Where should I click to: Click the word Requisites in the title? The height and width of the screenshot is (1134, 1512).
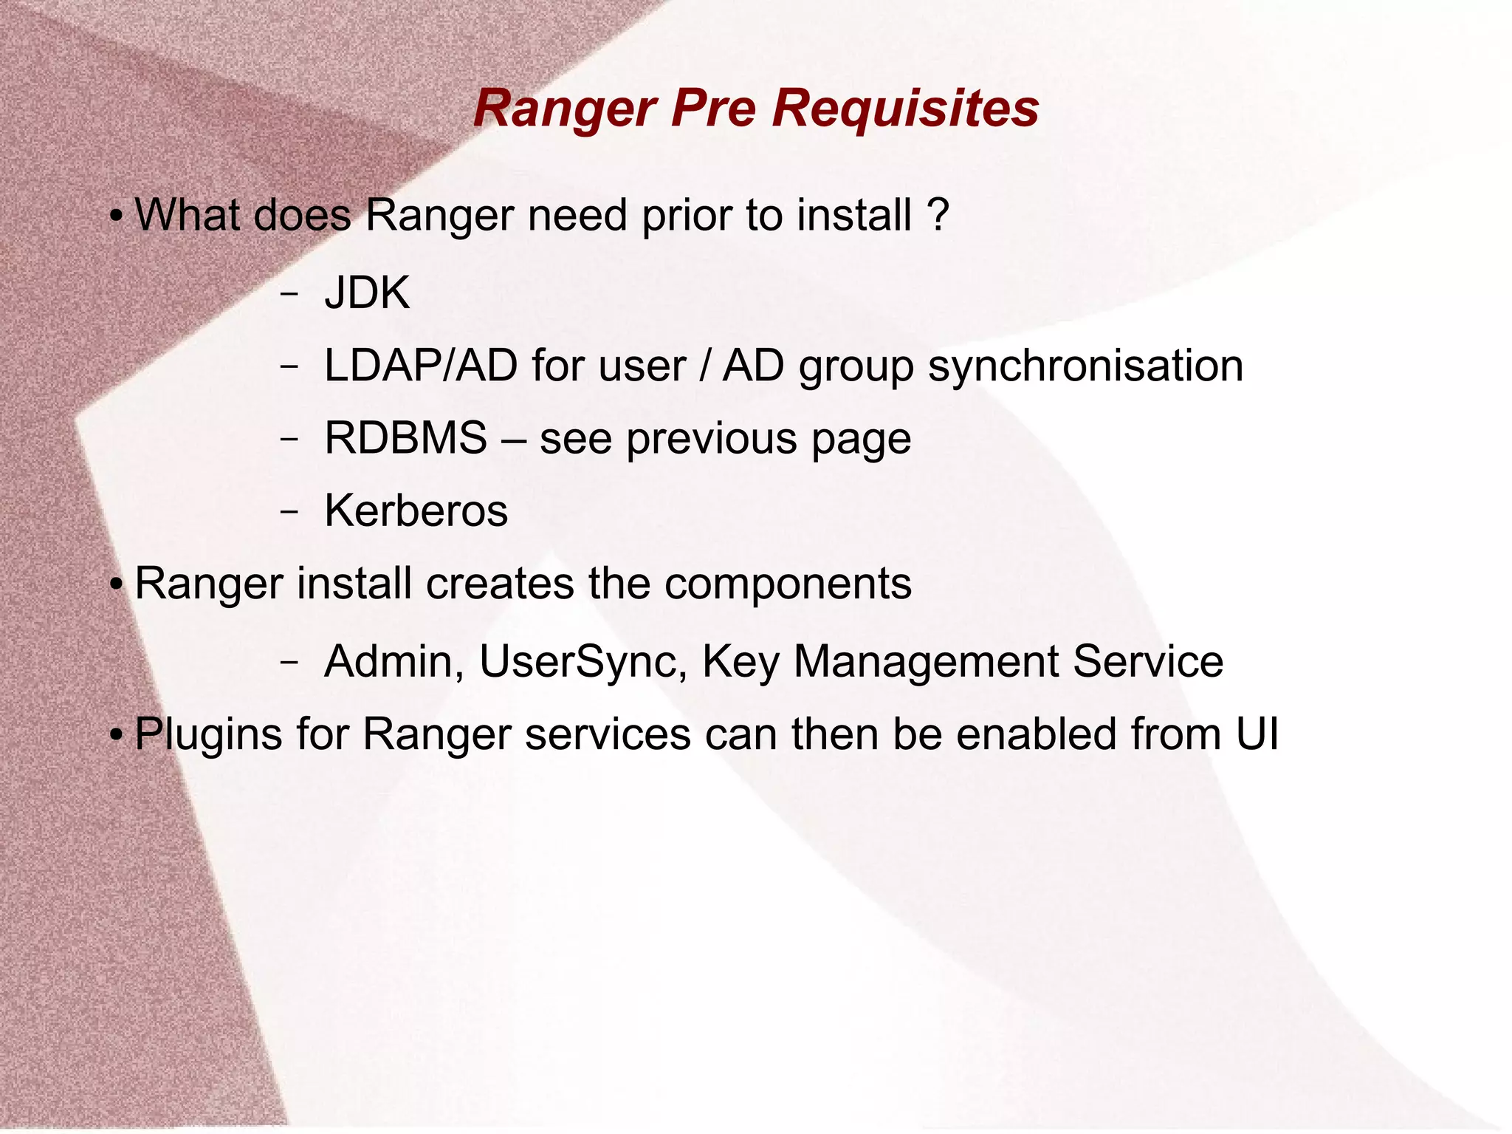tap(906, 109)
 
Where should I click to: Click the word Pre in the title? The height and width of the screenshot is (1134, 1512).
tap(713, 109)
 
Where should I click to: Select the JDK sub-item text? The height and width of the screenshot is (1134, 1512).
tap(367, 293)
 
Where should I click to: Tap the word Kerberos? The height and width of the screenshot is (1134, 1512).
tap(416, 510)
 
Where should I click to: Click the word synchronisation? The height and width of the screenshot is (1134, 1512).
tap(1085, 366)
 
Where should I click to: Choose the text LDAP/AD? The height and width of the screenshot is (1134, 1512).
tap(420, 366)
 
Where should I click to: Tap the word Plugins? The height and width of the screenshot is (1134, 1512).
tap(208, 735)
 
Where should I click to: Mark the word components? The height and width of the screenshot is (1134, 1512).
tap(788, 584)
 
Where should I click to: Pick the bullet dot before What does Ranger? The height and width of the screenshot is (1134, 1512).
tap(116, 218)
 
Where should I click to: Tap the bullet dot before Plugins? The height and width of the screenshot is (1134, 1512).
tap(116, 737)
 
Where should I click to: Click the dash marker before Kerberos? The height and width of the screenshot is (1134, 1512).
tap(289, 511)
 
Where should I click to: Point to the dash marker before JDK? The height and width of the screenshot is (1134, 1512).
tap(289, 294)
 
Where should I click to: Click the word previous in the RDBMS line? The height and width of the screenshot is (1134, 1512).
tap(712, 439)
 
